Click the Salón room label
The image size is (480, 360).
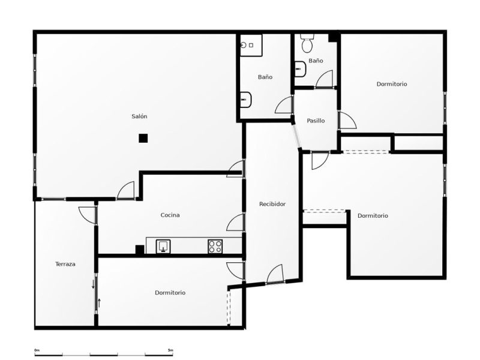coord(139,116)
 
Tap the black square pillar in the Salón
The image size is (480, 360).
coord(143,139)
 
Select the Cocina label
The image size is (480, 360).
coord(170,215)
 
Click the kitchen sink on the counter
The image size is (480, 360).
coord(163,246)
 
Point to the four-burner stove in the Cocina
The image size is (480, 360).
coord(215,247)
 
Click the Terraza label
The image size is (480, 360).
coord(65,264)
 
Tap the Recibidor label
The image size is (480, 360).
coord(272,204)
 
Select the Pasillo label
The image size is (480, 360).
coord(316,121)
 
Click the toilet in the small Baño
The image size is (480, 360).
coord(307,42)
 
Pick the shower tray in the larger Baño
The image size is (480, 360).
coord(251,46)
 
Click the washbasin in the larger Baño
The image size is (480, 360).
coord(245,100)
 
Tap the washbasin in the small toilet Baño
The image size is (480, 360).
coord(300,69)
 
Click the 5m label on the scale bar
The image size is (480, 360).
coord(170,350)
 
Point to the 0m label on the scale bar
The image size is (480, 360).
coord(37,350)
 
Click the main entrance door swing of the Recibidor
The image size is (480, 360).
coord(274,274)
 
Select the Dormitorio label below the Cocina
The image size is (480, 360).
coord(170,293)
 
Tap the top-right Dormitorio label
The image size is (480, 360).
coord(392,84)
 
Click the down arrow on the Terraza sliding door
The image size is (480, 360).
coord(94,284)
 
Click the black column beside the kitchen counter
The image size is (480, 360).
coord(140,250)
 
